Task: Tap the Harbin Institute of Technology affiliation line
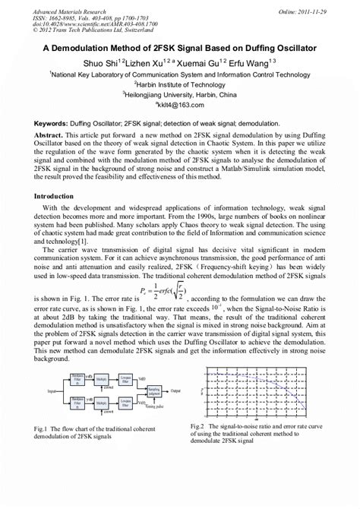[x=180, y=85]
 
